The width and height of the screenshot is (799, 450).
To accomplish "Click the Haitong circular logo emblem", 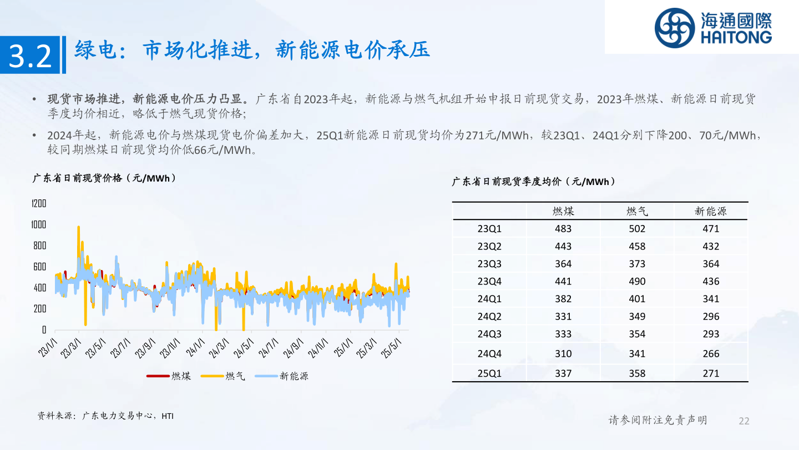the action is (675, 28).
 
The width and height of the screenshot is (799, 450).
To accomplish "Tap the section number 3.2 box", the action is (30, 55).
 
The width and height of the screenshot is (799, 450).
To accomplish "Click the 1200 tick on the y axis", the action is (39, 203).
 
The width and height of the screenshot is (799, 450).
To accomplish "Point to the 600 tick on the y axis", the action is (39, 267).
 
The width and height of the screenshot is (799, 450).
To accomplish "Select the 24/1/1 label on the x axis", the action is (195, 348).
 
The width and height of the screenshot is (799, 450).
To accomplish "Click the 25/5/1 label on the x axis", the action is (391, 348).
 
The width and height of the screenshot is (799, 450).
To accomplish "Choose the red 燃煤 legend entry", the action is (169, 376).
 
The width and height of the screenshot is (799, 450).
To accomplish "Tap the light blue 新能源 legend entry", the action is (282, 376).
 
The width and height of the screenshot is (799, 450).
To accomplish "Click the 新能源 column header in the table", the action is (711, 211).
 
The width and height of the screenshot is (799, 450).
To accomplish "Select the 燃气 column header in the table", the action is (637, 211).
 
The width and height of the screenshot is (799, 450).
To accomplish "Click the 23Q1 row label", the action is (489, 228).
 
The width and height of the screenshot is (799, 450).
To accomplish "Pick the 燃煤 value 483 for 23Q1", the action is (563, 228).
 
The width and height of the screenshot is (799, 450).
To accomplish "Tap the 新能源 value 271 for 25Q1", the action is (711, 373).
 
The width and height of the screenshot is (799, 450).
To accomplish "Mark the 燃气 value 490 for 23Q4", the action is (637, 282).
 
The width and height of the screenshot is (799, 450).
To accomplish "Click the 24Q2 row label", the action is (489, 317).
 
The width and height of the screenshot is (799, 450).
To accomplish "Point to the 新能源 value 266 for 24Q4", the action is (711, 353).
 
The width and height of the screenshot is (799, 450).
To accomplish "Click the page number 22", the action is (744, 421).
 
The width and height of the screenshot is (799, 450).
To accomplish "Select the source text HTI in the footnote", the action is (168, 416).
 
